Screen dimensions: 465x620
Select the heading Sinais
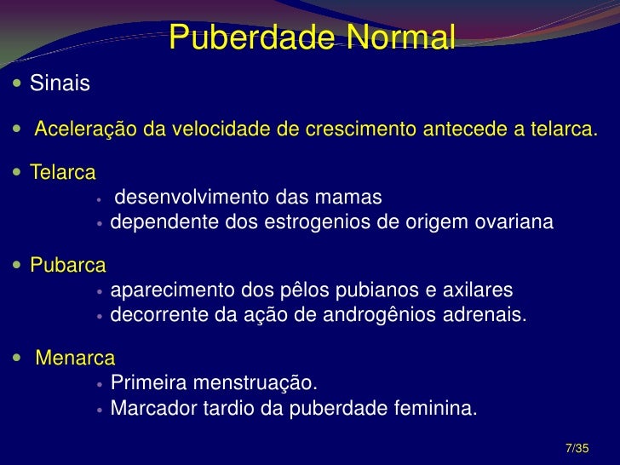[x=60, y=83]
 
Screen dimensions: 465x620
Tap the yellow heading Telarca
[x=63, y=173]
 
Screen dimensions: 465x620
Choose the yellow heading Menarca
[x=75, y=357]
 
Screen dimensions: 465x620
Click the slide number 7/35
[x=577, y=448]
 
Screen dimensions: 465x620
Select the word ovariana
[x=513, y=222]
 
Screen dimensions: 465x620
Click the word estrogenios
[x=320, y=222]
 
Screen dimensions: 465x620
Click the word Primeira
[x=147, y=380]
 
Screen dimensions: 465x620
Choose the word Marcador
[x=153, y=407]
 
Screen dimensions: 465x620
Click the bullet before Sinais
[x=18, y=84]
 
